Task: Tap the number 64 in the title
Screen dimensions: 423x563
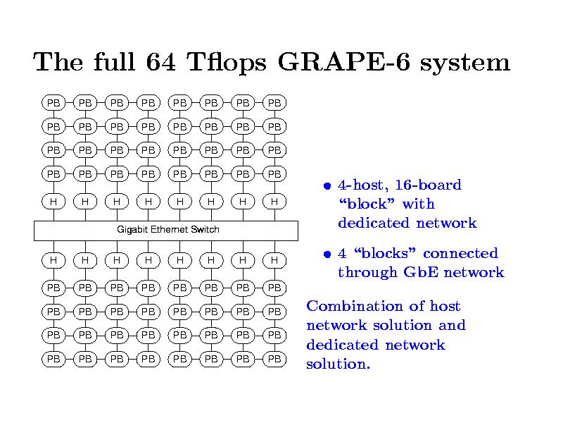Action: pos(158,63)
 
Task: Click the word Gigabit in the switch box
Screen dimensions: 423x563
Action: pos(132,230)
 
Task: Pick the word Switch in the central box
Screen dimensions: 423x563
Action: pos(205,230)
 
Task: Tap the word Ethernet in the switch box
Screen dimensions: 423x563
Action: pos(169,230)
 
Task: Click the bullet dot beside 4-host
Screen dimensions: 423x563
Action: pos(327,186)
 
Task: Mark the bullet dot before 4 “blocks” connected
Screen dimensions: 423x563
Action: pos(327,255)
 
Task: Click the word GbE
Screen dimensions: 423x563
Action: pos(419,273)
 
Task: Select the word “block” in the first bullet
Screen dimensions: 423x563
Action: pos(362,204)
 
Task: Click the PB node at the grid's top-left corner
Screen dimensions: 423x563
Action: pos(53,103)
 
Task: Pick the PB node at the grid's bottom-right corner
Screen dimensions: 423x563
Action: pos(274,359)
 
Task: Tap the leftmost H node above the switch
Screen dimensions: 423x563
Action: pos(53,202)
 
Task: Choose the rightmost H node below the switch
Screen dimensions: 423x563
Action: pos(274,260)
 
